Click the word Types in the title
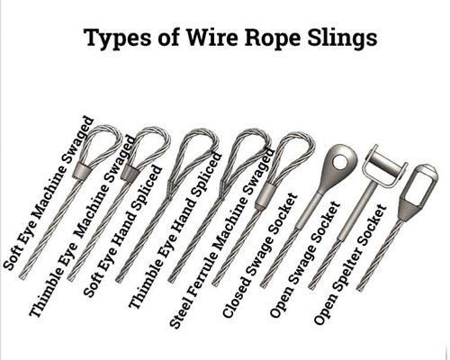(x=115, y=38)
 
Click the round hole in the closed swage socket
(x=341, y=161)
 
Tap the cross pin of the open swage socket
(x=386, y=165)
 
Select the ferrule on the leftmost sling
(x=82, y=172)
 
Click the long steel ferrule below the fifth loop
(x=265, y=196)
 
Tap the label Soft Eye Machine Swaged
(x=49, y=193)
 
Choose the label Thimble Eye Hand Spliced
(x=175, y=230)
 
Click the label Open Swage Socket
(x=305, y=259)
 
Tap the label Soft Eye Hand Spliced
(x=122, y=230)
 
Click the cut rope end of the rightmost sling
(x=358, y=289)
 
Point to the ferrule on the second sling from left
(x=130, y=173)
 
